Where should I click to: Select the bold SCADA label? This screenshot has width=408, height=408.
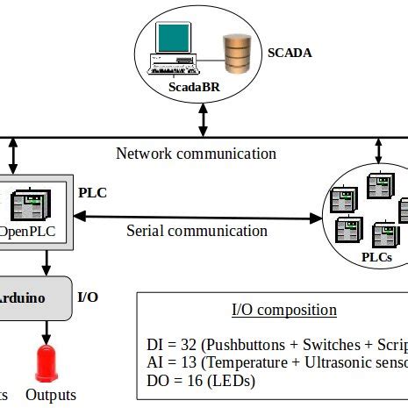coord(289,53)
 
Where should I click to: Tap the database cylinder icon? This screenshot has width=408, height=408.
coord(235,54)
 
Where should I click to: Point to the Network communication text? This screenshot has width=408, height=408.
coord(196,154)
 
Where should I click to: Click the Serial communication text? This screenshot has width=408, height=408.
coord(197,231)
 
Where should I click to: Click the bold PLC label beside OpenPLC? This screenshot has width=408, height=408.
coord(92,192)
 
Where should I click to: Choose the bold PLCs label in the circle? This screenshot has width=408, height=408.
coord(378,257)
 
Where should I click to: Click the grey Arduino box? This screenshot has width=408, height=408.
coord(33,297)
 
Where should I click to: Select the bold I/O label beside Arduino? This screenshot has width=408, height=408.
coord(88,297)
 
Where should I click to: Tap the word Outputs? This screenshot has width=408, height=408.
coord(51,395)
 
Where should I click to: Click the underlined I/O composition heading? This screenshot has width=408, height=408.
coord(283,310)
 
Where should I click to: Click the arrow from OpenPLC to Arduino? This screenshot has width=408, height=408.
coord(46,261)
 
